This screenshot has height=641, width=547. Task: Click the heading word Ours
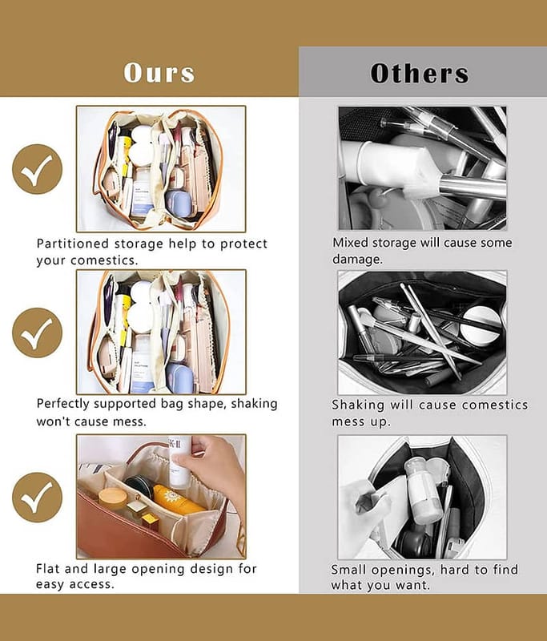coord(159,73)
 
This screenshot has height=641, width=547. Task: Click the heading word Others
coord(420,73)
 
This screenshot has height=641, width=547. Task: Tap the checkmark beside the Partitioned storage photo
coord(37,169)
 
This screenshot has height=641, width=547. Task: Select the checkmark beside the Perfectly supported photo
coord(37,333)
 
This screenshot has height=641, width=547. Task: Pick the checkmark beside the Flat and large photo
coord(37,497)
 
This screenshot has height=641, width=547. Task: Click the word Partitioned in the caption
coord(73,244)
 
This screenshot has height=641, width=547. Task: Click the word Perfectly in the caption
coord(62,404)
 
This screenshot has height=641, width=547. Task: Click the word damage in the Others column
coord(357,259)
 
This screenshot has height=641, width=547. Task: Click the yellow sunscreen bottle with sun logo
coord(178,500)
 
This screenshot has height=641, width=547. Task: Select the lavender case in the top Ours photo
coord(180,204)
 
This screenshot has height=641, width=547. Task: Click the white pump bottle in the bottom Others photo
coord(424,490)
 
